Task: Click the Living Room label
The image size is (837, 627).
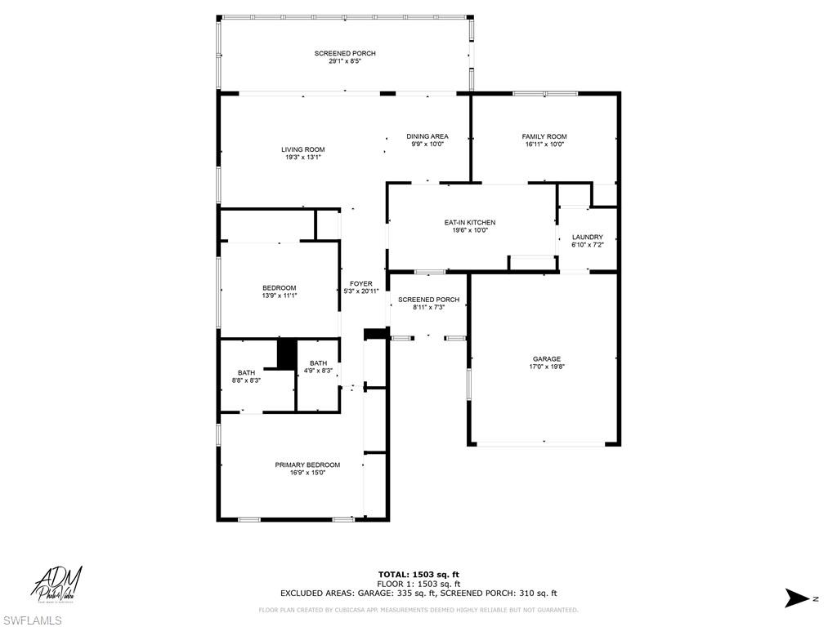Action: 303,149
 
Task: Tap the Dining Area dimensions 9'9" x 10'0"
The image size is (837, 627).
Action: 427,145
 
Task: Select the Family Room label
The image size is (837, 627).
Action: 544,136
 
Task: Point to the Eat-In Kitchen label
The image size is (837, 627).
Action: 470,222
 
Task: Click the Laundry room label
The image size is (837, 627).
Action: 587,237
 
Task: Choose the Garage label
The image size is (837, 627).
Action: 547,358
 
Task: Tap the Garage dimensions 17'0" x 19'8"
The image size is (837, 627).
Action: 547,367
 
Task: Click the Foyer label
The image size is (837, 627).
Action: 360,283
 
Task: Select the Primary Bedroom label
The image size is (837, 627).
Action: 307,465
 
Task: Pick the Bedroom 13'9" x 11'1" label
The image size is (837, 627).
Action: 279,287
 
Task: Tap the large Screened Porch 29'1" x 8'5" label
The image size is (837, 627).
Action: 345,54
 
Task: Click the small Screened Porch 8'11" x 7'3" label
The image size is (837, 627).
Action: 428,300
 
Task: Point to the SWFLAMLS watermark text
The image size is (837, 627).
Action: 32,620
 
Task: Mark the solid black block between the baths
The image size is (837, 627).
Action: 287,354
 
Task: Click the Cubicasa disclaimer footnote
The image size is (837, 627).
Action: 418,610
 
